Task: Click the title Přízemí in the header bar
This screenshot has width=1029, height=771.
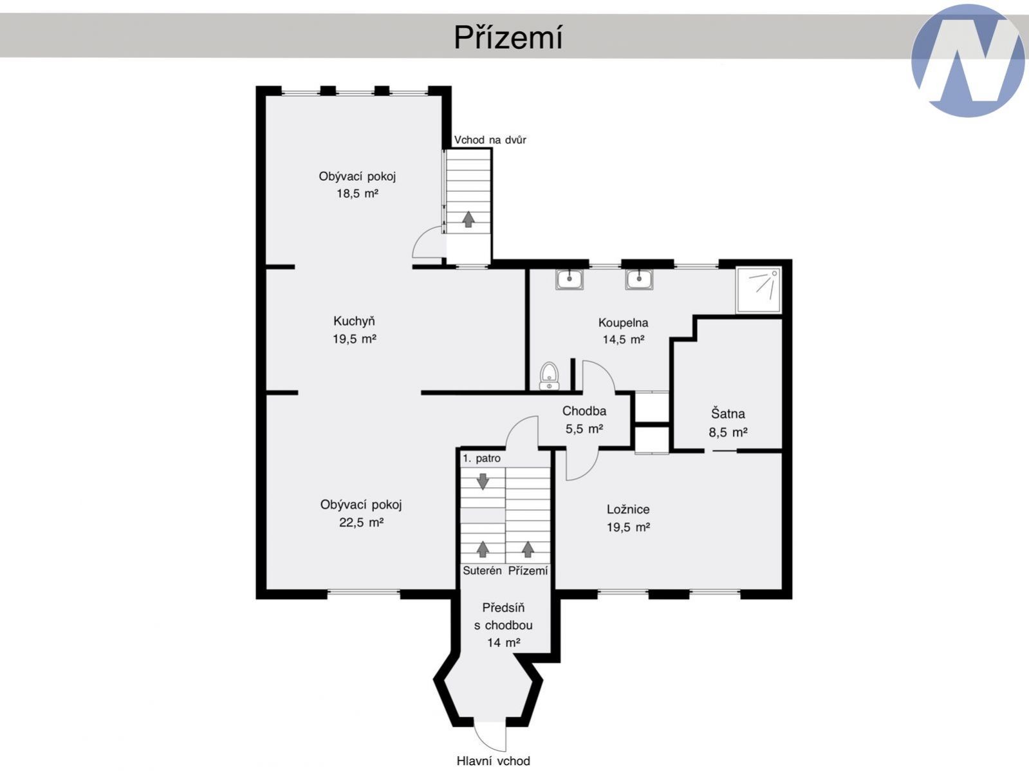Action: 508,37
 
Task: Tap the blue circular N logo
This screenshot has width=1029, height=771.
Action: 968,60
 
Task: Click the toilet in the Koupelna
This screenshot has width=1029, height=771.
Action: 549,376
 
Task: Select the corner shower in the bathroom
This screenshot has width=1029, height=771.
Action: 758,290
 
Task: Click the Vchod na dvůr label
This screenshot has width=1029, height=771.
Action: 490,140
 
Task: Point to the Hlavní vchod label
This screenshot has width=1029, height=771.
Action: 493,761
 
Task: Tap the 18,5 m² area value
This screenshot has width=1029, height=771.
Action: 357,193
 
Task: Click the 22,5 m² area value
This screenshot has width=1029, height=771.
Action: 362,522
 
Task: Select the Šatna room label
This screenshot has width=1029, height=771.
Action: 728,413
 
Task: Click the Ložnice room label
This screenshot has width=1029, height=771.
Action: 628,510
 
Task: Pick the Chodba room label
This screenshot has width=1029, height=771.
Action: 584,411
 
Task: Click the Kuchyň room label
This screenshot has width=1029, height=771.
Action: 354,321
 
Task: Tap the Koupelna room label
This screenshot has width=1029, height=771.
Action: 623,322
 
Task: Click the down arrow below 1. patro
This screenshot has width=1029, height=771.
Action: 483,481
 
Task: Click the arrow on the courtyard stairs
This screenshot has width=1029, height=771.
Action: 468,219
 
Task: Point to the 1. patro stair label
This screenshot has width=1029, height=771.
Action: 481,458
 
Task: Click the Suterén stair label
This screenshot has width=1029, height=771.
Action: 482,570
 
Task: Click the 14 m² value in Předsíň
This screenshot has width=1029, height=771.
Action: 503,642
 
